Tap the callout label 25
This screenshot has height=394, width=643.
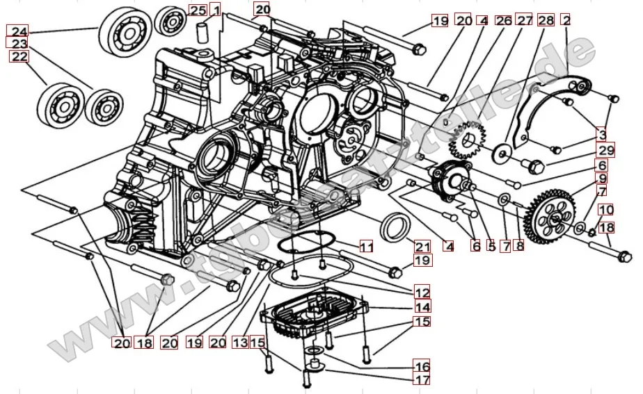198,10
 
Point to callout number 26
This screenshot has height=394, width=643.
504,21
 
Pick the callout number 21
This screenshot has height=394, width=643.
423,246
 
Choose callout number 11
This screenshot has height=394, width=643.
366,246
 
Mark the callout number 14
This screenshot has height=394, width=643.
422,307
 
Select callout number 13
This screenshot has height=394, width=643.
240,342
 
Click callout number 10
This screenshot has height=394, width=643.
605,209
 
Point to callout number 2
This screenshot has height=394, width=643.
566,21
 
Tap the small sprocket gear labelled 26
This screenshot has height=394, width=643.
463,142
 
